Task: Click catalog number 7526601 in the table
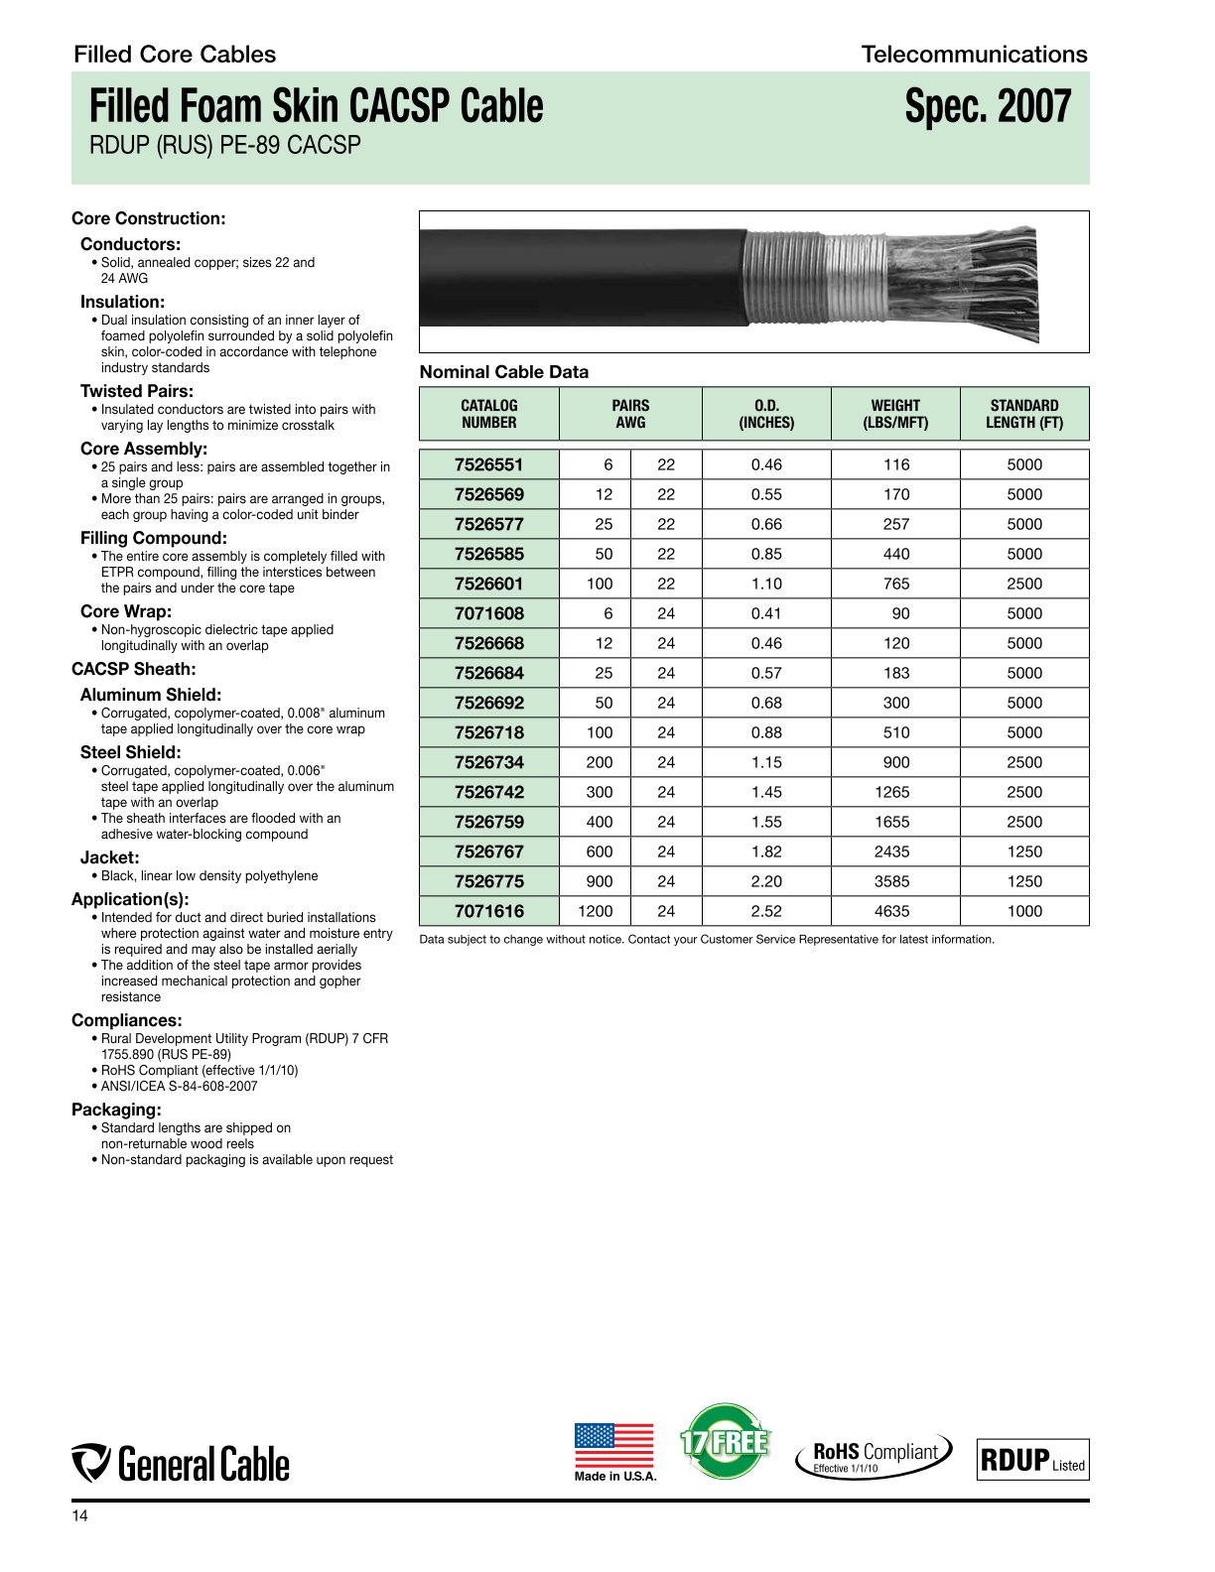[488, 584]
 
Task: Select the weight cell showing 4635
[895, 911]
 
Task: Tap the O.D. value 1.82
[766, 851]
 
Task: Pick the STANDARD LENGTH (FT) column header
[1023, 414]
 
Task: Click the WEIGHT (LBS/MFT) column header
[895, 414]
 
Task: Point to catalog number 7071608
[488, 613]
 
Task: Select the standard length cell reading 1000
[1024, 911]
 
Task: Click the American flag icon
[613, 1446]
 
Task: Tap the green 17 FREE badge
[725, 1441]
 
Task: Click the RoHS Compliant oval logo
[874, 1456]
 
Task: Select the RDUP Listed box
[1032, 1459]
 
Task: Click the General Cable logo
[181, 1464]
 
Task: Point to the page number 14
[79, 1516]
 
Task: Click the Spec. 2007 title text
[988, 107]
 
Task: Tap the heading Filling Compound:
[154, 538]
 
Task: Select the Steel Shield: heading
[131, 752]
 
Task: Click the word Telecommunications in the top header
[974, 55]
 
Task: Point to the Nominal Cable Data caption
[504, 372]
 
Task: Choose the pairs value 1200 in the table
[596, 911]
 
